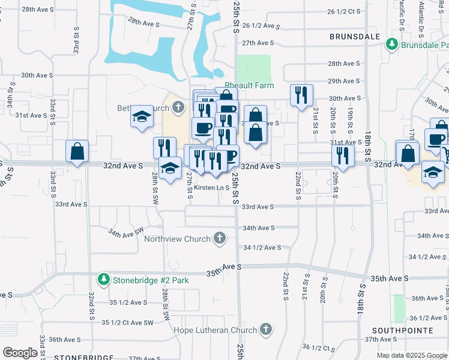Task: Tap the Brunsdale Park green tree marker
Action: [x=392, y=44]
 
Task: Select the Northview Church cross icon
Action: [x=220, y=239]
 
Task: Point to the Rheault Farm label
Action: [x=249, y=86]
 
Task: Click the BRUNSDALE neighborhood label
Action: [x=355, y=37]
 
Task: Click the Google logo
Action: [x=20, y=353]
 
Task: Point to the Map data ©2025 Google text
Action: [x=411, y=355]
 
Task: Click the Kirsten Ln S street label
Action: [x=211, y=187]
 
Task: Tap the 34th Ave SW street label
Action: [x=126, y=231]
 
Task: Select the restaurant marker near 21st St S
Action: [x=301, y=95]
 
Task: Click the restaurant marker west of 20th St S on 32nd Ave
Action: [x=342, y=155]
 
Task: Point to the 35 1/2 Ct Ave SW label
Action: [x=128, y=323]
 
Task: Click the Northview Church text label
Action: [x=177, y=239]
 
